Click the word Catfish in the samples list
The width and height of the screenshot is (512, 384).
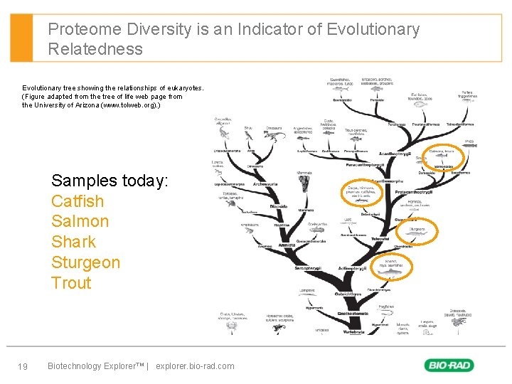click(78, 201)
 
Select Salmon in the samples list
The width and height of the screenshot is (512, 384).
click(80, 221)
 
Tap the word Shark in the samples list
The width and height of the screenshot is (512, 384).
click(73, 242)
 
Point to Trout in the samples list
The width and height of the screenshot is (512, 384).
click(71, 282)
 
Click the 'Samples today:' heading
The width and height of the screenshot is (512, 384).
click(110, 181)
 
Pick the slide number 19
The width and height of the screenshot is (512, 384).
click(23, 366)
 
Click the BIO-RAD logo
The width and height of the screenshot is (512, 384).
click(449, 366)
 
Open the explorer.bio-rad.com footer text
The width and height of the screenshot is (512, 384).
click(194, 366)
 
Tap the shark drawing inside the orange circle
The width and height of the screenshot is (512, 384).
click(390, 270)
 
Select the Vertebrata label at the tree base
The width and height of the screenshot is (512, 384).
click(353, 331)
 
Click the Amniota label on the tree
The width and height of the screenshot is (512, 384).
click(287, 245)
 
